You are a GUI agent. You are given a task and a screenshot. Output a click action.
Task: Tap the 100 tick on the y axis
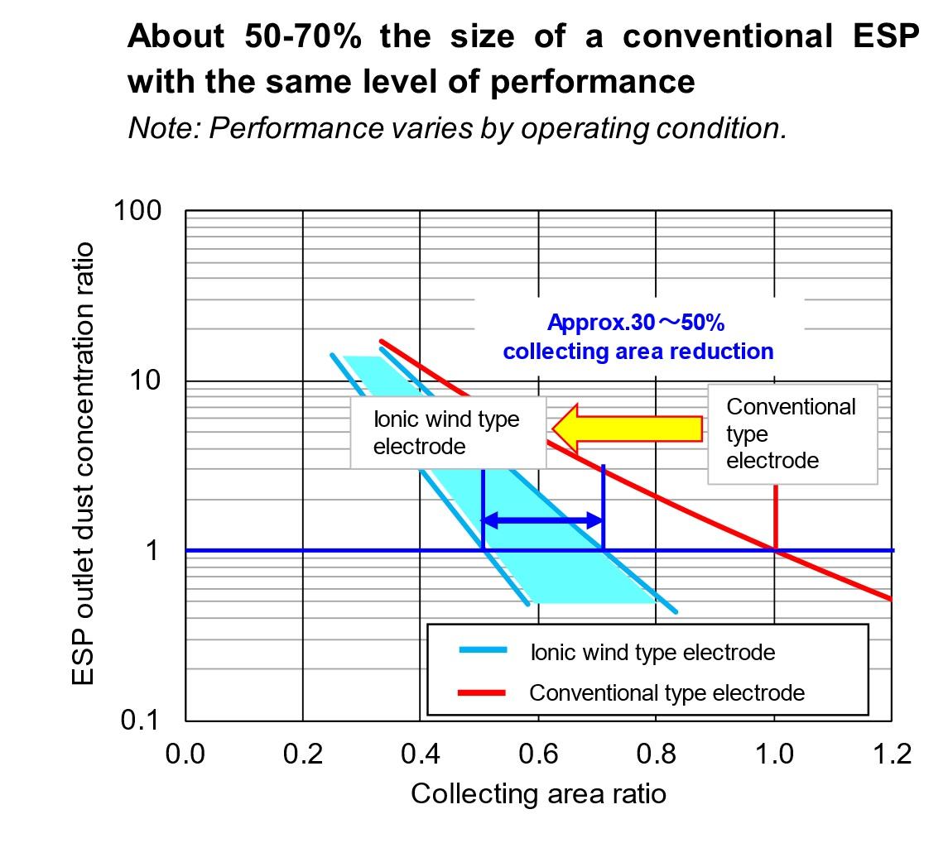138,211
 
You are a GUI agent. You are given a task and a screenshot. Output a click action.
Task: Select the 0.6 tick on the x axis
538,754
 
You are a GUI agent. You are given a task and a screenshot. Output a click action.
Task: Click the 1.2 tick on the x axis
892,754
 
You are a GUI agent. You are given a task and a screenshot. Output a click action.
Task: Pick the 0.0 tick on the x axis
185,754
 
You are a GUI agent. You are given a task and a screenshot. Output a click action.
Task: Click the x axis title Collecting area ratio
538,793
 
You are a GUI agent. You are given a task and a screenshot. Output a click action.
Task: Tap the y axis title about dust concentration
83,463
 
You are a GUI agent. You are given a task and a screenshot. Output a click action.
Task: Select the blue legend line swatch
483,651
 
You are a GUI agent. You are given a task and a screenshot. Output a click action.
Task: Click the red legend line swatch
483,692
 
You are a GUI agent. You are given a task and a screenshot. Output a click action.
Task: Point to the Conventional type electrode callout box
792,433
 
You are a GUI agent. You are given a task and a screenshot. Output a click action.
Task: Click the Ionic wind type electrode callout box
447,433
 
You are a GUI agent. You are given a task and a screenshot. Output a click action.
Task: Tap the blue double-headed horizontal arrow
542,520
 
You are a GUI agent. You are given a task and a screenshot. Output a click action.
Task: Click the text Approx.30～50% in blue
636,323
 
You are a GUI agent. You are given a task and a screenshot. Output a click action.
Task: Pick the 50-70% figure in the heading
303,36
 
